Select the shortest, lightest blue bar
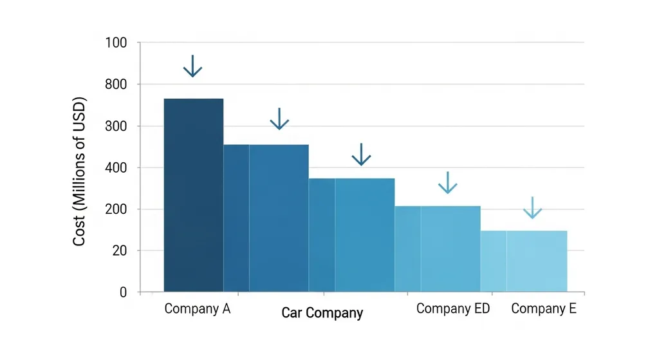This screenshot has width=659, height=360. (x=536, y=261)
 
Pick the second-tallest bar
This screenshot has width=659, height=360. (x=279, y=218)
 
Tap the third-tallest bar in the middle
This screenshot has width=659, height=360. (x=364, y=235)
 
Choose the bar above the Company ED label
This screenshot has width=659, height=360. (x=450, y=249)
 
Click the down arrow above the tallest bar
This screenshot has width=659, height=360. (x=192, y=66)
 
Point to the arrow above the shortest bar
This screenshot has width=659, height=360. (x=533, y=208)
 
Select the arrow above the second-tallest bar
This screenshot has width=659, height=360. (x=279, y=118)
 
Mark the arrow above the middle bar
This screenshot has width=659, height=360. (x=362, y=155)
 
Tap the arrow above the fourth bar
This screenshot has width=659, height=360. (x=447, y=183)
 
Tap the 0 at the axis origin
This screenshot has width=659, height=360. (x=123, y=292)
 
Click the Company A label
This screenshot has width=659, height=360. (x=198, y=309)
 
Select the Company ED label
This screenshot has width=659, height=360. (x=453, y=309)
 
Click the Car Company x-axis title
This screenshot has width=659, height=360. (x=322, y=314)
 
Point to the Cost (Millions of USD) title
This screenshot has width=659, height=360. (x=80, y=173)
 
